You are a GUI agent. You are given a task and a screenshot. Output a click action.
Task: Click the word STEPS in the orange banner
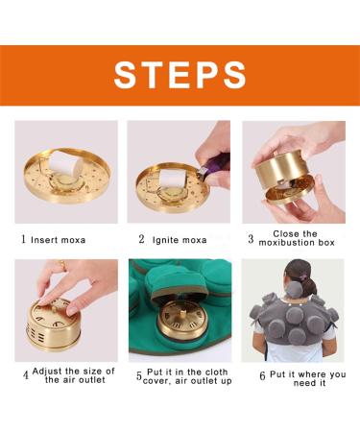click(180, 75)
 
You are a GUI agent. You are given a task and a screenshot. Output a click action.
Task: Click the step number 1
click(24, 239)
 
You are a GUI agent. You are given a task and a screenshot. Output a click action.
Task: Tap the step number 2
click(141, 239)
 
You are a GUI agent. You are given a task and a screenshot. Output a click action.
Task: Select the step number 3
click(251, 239)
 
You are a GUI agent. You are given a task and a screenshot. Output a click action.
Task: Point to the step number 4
click(25, 374)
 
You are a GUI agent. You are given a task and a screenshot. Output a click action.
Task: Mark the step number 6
click(262, 375)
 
